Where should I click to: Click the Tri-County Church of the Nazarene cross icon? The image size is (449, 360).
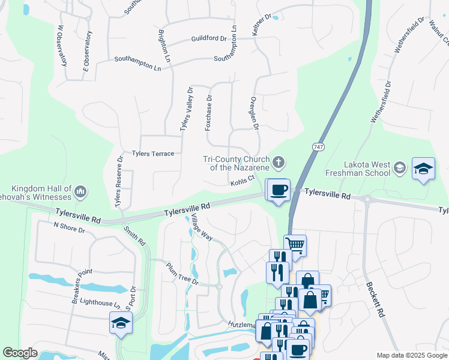[x=279, y=161]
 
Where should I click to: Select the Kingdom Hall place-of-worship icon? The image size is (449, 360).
[x=81, y=192]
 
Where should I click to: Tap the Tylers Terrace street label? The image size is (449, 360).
[x=153, y=154]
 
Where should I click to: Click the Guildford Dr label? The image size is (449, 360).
[x=209, y=38]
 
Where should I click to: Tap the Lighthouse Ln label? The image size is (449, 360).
[x=100, y=304]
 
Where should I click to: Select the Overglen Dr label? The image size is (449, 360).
[x=254, y=114]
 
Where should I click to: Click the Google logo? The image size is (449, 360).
[x=20, y=353]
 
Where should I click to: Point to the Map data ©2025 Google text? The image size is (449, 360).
[x=412, y=355]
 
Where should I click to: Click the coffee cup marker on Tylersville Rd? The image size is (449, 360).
[x=279, y=190]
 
